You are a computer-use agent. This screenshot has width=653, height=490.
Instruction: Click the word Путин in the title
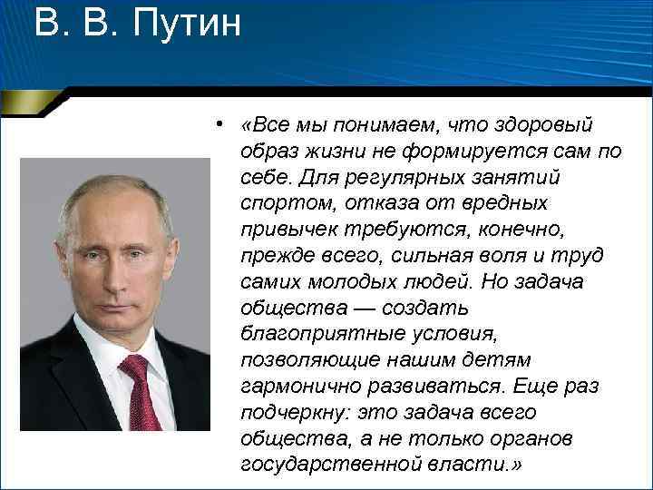pyautogui.click(x=187, y=24)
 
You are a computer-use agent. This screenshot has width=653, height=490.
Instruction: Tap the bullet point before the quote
pyautogui.click(x=219, y=123)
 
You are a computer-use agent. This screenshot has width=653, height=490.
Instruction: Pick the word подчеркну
pyautogui.click(x=294, y=413)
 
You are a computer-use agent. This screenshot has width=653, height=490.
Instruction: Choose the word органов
pyautogui.click(x=531, y=439)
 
